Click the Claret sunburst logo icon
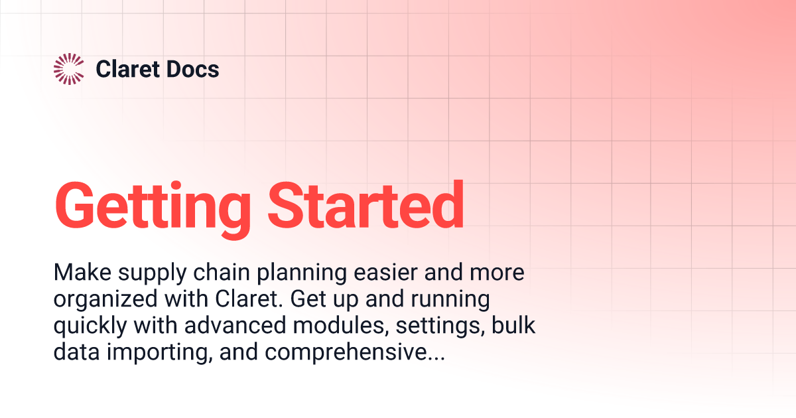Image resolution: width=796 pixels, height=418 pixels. (x=68, y=69)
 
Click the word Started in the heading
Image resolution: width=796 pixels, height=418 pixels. (x=365, y=204)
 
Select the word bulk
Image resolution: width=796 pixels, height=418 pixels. (x=511, y=326)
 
